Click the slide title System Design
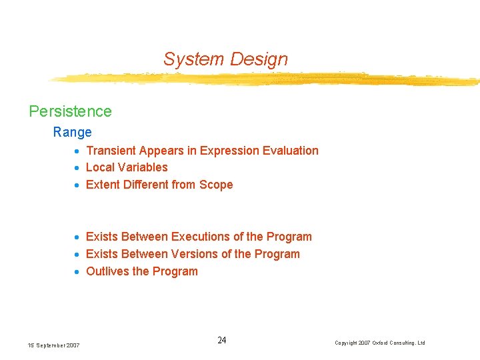point(225,59)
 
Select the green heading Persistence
point(70,111)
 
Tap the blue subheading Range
point(72,132)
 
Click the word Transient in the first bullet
point(111,151)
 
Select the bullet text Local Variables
point(127,167)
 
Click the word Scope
point(215,185)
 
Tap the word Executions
point(199,237)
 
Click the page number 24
point(222,341)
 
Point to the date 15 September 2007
point(53,345)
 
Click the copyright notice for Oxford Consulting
point(379,343)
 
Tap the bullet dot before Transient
point(78,151)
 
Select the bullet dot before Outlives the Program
point(78,272)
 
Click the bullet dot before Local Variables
point(78,168)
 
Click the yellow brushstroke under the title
point(267,79)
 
